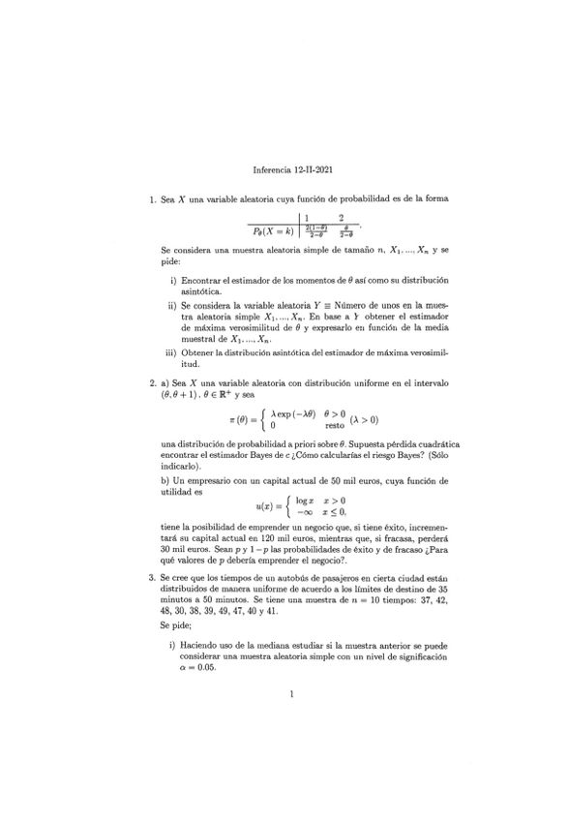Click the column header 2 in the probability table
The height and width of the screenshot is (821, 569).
pos(342,218)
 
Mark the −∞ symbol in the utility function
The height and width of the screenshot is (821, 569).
pos(304,511)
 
